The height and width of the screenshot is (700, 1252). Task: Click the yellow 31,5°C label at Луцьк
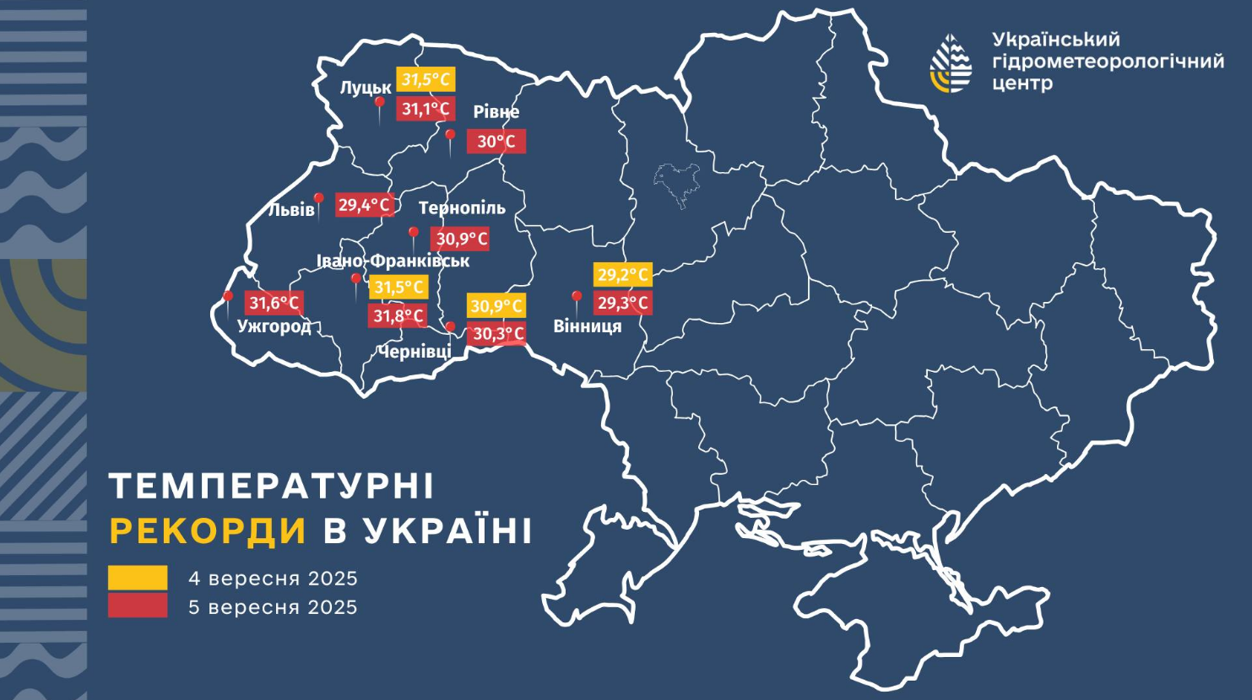[x=426, y=79]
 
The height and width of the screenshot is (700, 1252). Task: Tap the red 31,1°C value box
[x=425, y=109]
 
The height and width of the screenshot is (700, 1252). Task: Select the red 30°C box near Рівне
[x=496, y=141]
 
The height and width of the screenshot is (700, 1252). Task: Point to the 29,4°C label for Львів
[x=365, y=205]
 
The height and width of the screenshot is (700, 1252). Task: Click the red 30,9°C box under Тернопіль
[x=460, y=239]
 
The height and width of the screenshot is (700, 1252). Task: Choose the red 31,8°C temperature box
[x=398, y=316]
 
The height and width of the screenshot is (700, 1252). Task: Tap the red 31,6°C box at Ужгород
[x=274, y=302]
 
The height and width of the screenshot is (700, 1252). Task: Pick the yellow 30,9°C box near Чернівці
[x=496, y=305]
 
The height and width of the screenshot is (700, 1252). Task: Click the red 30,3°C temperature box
[x=497, y=334]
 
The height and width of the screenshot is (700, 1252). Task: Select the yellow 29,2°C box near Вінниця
[x=622, y=274]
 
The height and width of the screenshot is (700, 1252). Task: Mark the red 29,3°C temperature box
[x=622, y=303]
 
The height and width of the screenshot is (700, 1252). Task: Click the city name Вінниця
[x=588, y=326]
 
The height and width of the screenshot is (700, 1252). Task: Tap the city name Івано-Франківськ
[x=393, y=261]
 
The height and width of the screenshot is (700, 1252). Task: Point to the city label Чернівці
[x=415, y=352]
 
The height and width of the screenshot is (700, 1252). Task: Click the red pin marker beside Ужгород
[x=227, y=298]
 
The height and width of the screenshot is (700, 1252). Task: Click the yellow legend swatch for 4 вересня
[x=138, y=578]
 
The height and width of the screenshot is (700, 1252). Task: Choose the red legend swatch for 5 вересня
[x=138, y=606]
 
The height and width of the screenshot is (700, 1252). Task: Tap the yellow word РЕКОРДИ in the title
[x=208, y=531]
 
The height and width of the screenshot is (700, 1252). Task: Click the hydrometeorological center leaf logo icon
[x=951, y=63]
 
